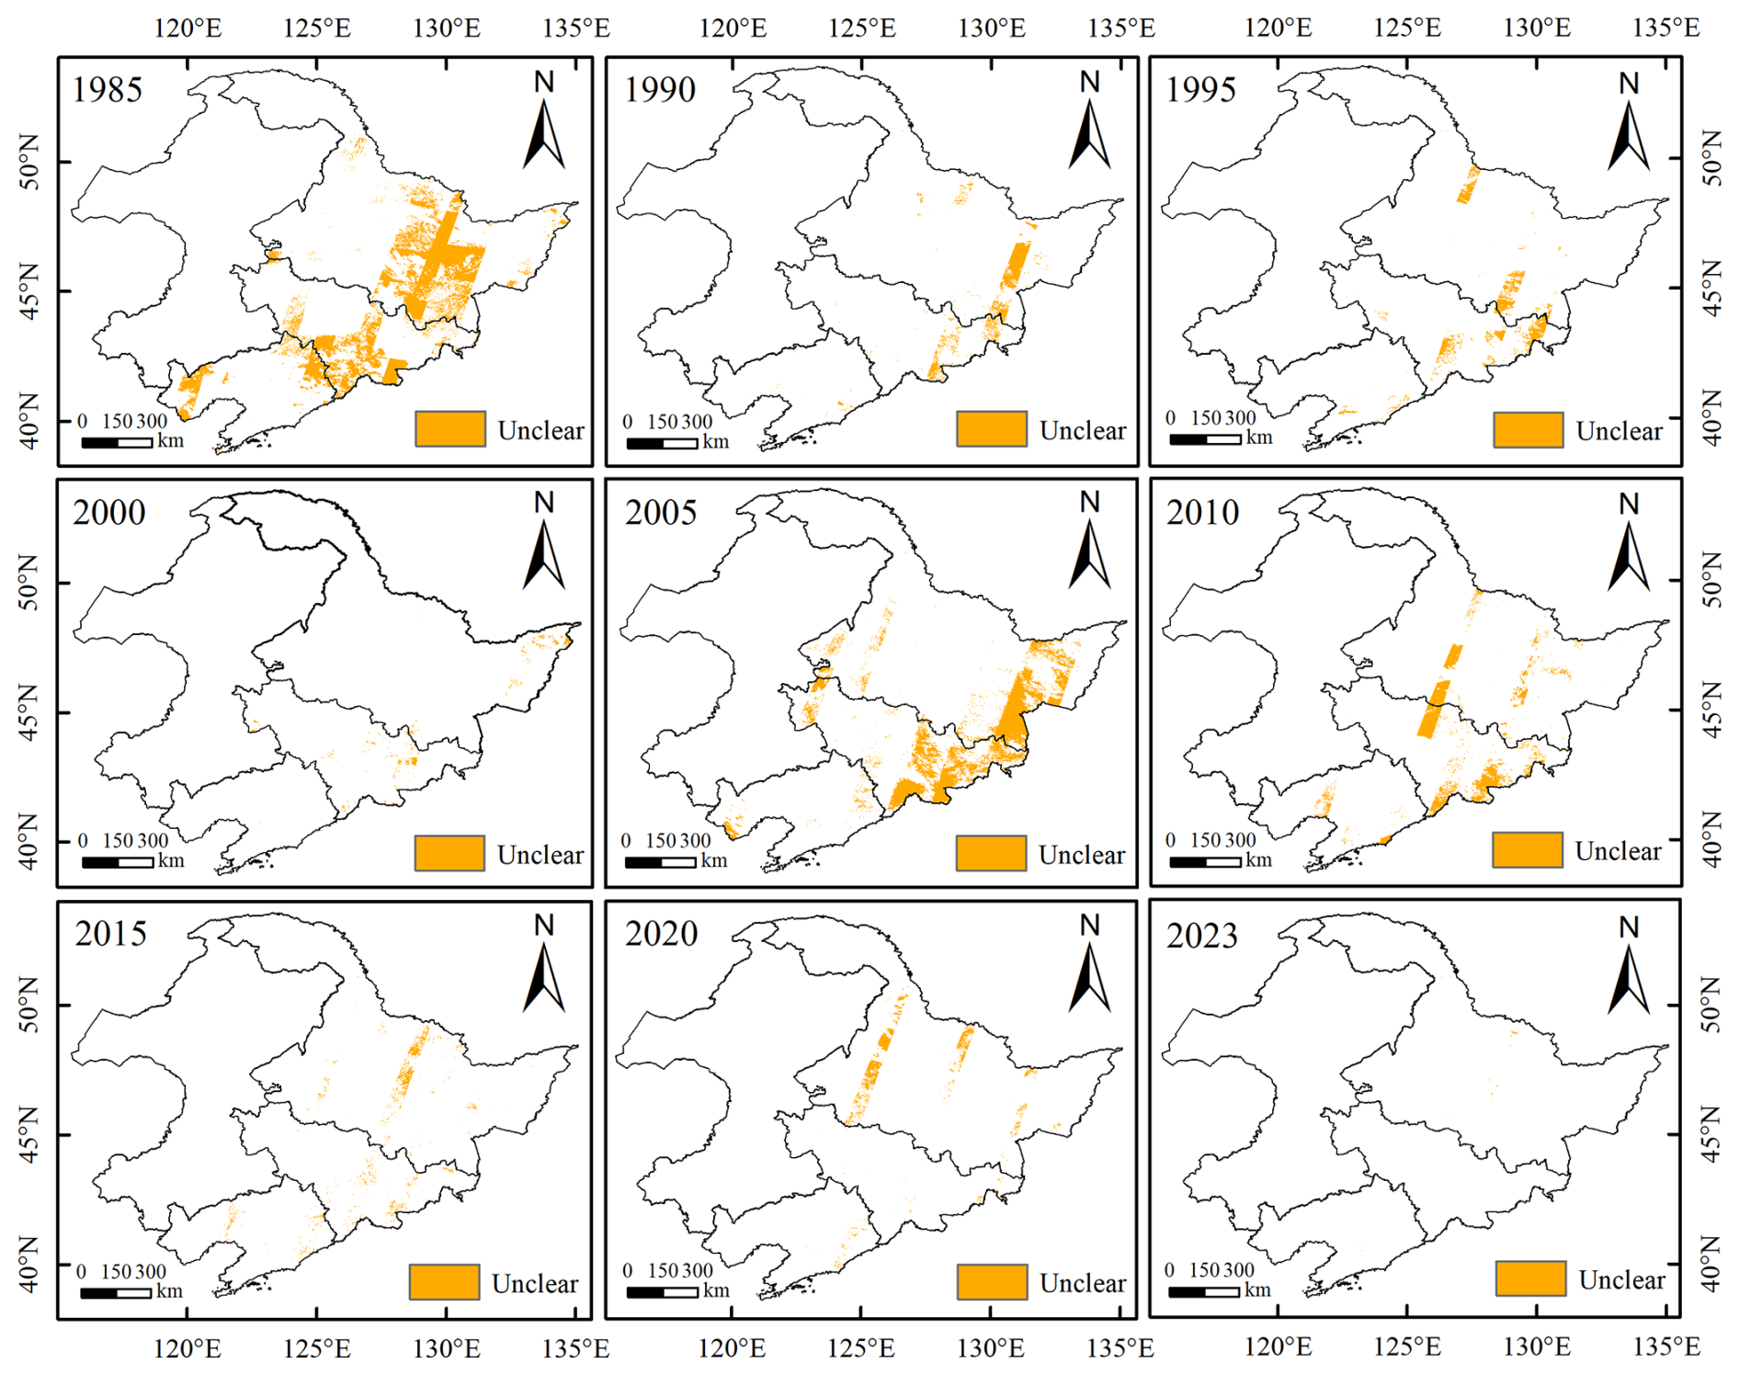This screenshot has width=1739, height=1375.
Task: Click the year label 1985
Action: [x=108, y=90]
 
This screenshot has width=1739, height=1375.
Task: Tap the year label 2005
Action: [x=661, y=512]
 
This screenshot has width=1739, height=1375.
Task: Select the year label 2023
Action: [x=1202, y=936]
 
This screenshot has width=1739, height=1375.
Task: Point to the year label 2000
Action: [x=109, y=512]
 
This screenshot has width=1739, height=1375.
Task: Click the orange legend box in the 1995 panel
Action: [x=1528, y=429]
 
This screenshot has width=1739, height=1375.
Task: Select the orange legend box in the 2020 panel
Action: [x=992, y=1280]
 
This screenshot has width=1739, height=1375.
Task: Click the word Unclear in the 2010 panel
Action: [x=1618, y=851]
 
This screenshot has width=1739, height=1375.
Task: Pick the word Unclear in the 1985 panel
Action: [x=540, y=430]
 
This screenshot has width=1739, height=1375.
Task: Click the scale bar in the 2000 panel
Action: [x=118, y=862]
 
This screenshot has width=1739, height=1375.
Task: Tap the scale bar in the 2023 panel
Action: [x=1204, y=1291]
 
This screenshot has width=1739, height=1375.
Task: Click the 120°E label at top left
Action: [x=188, y=28]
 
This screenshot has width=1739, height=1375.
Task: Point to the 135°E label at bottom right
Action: [x=1665, y=1347]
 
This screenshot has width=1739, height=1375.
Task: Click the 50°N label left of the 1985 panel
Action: [x=29, y=162]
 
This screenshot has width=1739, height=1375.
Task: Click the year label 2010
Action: [x=1202, y=512]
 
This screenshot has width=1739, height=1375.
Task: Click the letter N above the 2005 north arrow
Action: [x=1089, y=502]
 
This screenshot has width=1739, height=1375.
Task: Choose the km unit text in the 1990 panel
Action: [x=715, y=441]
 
